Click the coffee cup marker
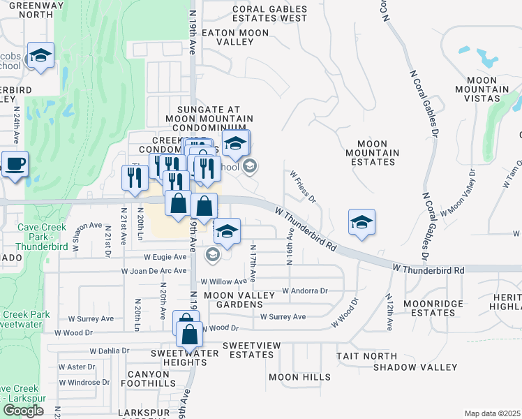click(x=15, y=166)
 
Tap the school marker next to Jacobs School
click(x=40, y=57)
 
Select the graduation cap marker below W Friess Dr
click(x=362, y=223)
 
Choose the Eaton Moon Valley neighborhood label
click(x=227, y=37)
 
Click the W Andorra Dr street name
click(x=304, y=291)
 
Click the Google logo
click(x=23, y=411)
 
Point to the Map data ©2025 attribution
click(x=492, y=413)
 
